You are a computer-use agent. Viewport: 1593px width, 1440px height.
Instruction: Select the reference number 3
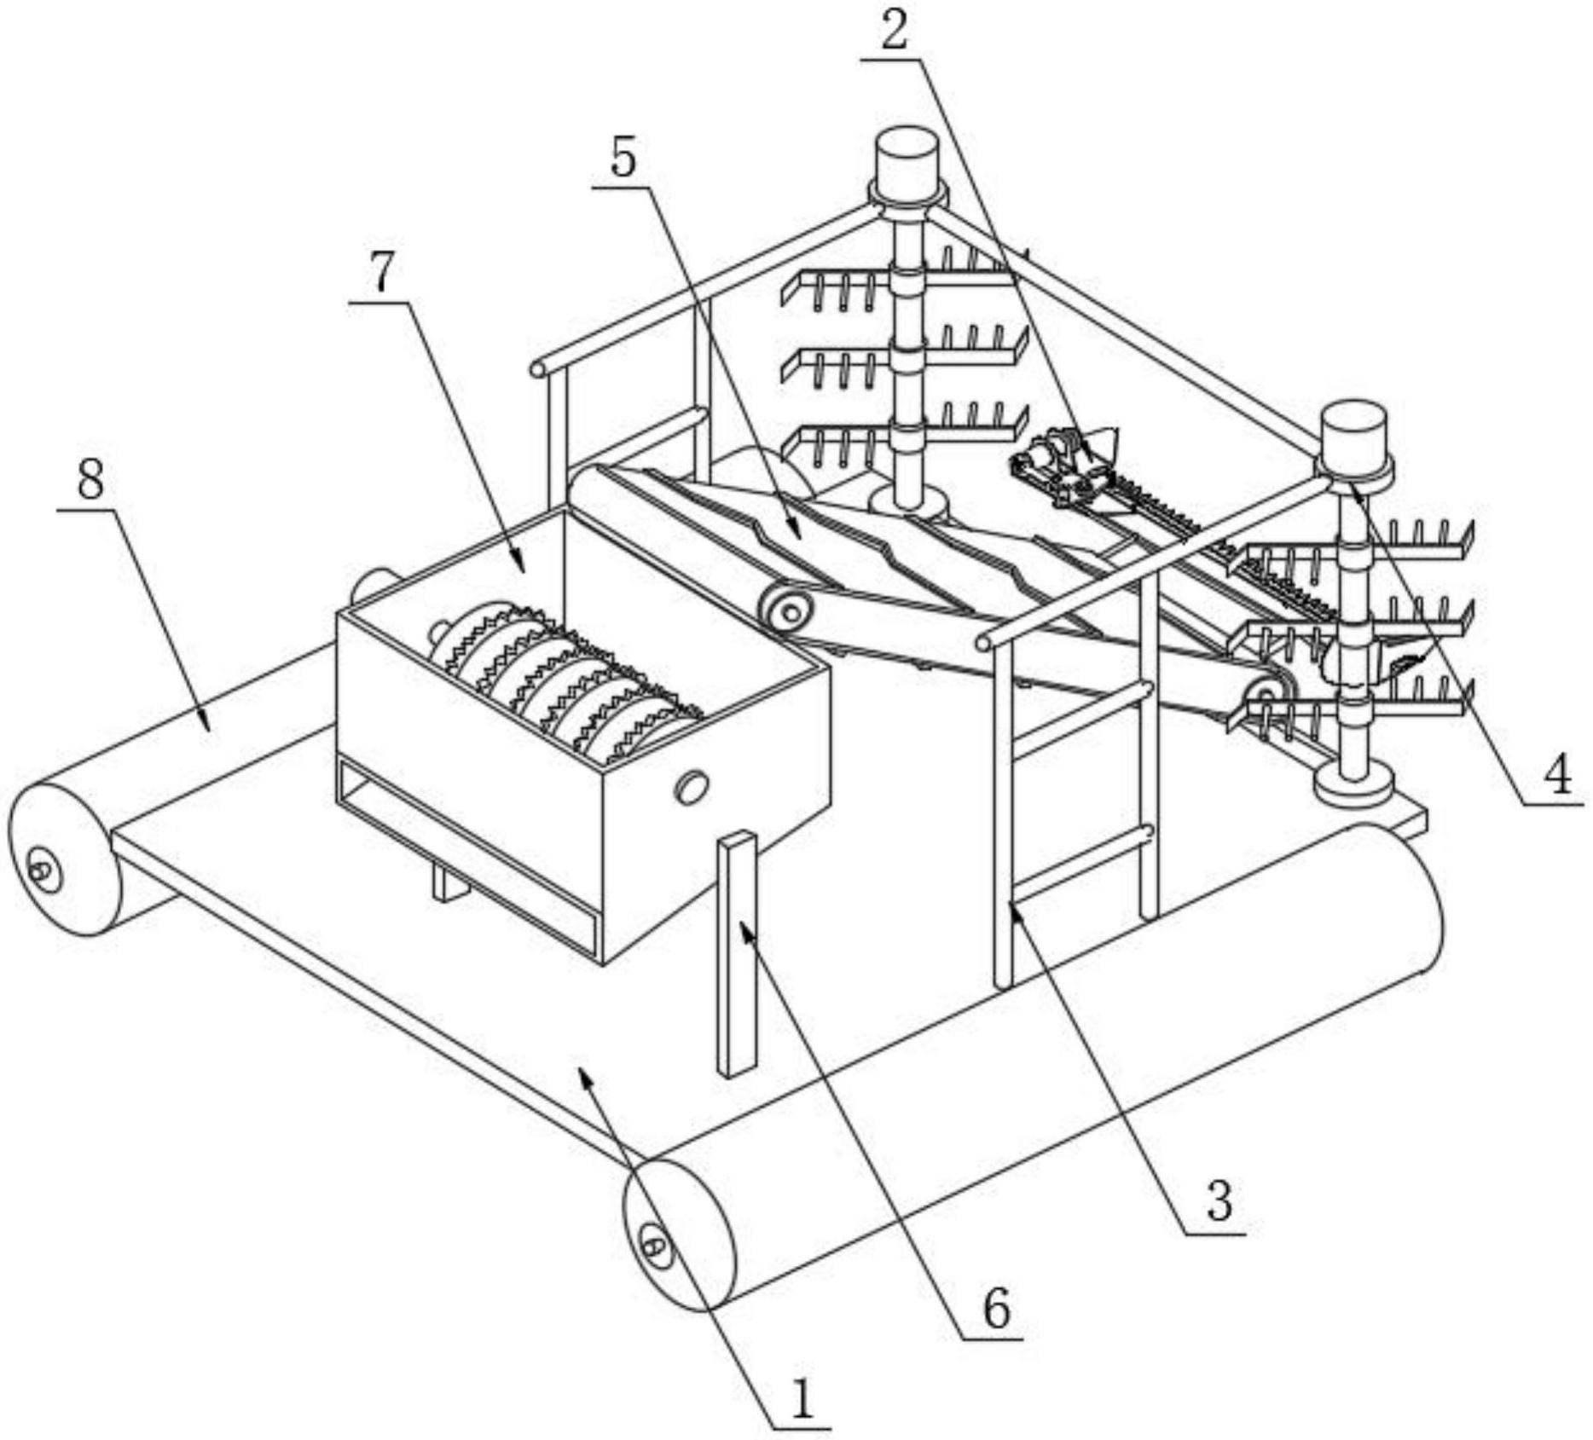click(x=1219, y=1200)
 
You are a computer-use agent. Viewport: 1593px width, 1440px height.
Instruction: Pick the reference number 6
click(x=996, y=1306)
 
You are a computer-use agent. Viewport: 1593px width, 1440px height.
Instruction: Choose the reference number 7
click(x=380, y=275)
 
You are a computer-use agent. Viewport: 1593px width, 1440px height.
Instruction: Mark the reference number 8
click(x=90, y=480)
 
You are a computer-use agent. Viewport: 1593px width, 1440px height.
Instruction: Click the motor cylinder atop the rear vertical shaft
click(x=907, y=159)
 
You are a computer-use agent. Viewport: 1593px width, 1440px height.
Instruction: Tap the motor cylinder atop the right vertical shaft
click(x=1354, y=435)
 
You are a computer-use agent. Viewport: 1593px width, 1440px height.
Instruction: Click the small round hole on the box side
click(x=692, y=786)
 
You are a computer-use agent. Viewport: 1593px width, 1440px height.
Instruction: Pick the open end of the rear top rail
click(x=539, y=369)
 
